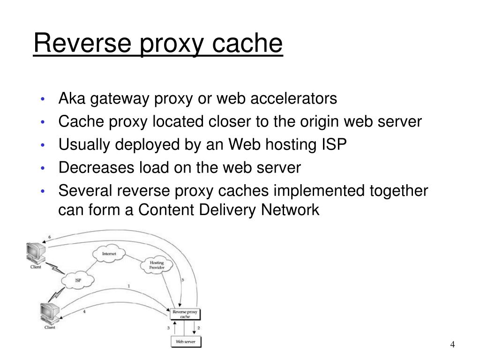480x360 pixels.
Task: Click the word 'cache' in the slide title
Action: click(x=248, y=44)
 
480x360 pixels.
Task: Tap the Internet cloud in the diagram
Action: click(x=109, y=254)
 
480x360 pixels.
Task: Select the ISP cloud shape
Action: click(x=77, y=280)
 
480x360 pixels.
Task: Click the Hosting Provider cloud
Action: click(x=156, y=265)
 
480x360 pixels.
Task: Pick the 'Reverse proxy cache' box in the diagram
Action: click(x=185, y=314)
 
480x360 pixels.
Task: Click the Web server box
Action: click(x=185, y=341)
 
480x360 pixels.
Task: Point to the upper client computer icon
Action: click(x=36, y=253)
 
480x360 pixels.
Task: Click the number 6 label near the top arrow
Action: click(x=50, y=236)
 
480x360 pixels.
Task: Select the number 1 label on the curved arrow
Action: click(x=128, y=286)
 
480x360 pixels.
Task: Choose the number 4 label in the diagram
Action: click(x=84, y=311)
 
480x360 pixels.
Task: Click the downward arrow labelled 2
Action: click(x=195, y=328)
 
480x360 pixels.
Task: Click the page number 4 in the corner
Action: click(x=452, y=345)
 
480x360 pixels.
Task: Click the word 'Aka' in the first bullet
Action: click(x=71, y=99)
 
